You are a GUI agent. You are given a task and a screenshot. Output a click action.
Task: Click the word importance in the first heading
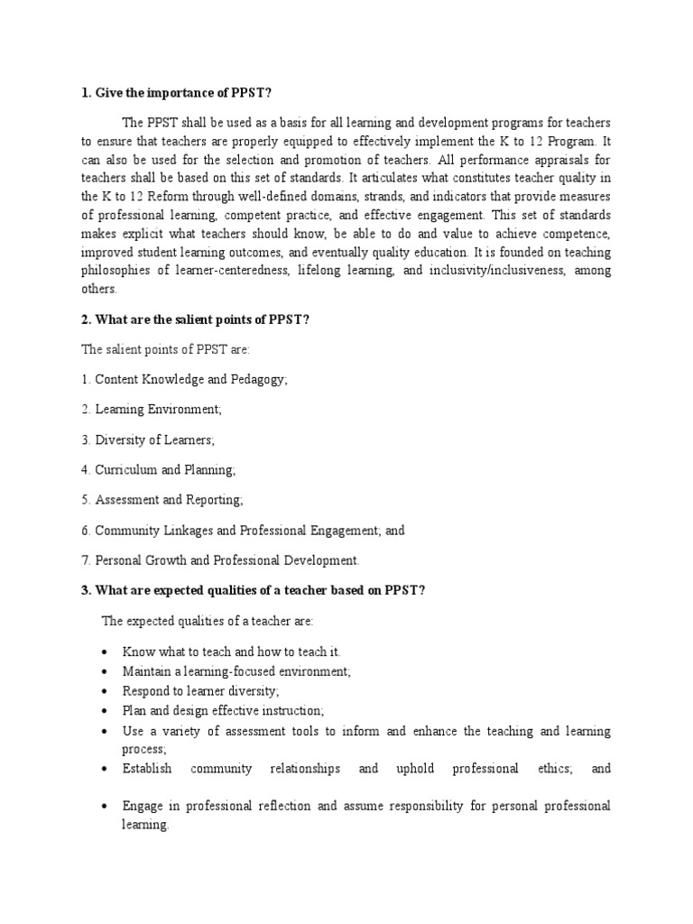171,90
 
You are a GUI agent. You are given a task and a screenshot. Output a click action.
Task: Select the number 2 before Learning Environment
84,410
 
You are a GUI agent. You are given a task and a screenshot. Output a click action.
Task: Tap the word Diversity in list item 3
123,439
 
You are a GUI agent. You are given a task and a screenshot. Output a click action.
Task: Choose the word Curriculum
126,469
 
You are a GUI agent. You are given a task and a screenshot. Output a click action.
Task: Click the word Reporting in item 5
214,499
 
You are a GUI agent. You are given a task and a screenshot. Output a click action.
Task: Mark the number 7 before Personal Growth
84,560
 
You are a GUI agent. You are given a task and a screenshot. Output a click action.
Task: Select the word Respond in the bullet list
145,690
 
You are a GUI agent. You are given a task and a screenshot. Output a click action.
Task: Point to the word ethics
549,769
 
